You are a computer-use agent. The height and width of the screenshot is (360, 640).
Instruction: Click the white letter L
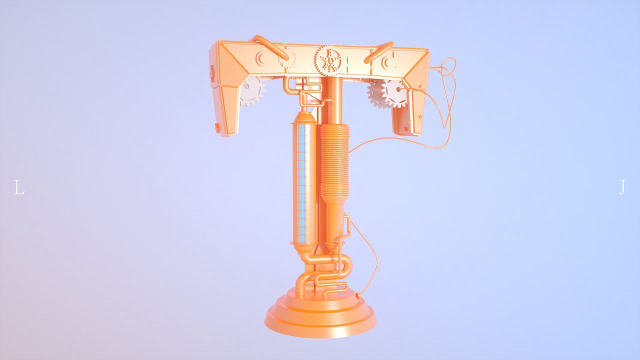coord(19,187)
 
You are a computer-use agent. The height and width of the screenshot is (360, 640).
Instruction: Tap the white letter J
coord(622,187)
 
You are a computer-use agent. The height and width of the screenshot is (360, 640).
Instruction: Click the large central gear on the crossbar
coord(329,60)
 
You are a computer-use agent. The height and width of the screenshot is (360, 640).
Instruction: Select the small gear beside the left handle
coord(286,57)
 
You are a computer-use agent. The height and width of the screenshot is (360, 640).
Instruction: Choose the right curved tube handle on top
coord(379,52)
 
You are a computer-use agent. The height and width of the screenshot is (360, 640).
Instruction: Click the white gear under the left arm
coord(252,91)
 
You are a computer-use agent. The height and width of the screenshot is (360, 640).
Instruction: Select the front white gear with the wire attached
coord(395,93)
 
